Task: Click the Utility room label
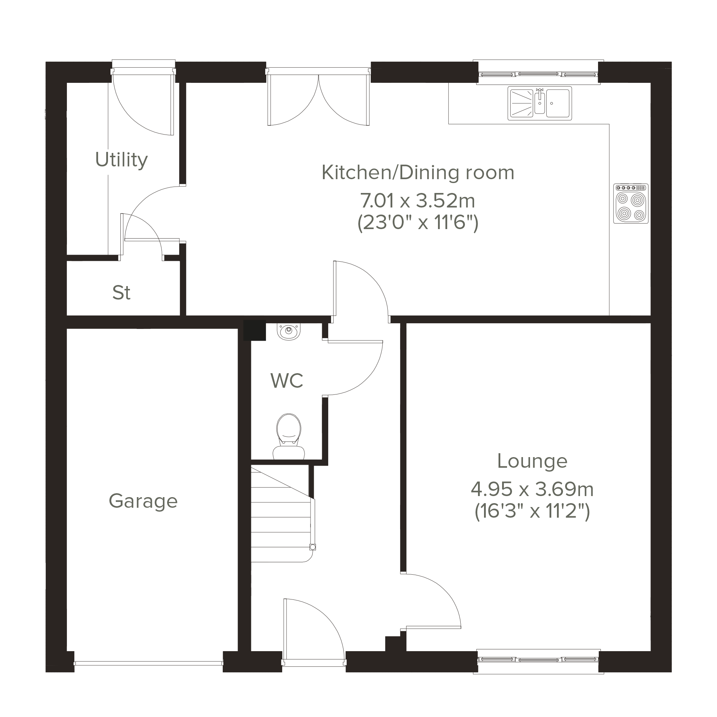pyautogui.click(x=121, y=160)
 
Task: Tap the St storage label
pyautogui.click(x=121, y=293)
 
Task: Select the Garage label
pyautogui.click(x=143, y=501)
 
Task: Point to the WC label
pyautogui.click(x=287, y=381)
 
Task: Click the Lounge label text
pyautogui.click(x=532, y=461)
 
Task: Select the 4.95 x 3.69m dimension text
pyautogui.click(x=532, y=489)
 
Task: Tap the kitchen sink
pyautogui.click(x=540, y=103)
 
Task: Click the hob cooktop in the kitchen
pyautogui.click(x=631, y=203)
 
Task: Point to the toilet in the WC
pyautogui.click(x=289, y=437)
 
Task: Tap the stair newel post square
pyautogui.click(x=313, y=547)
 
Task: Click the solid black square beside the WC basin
pyautogui.click(x=255, y=330)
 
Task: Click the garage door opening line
pyautogui.click(x=148, y=662)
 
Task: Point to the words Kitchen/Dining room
pyautogui.click(x=418, y=173)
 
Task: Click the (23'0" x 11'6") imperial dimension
pyautogui.click(x=418, y=223)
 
